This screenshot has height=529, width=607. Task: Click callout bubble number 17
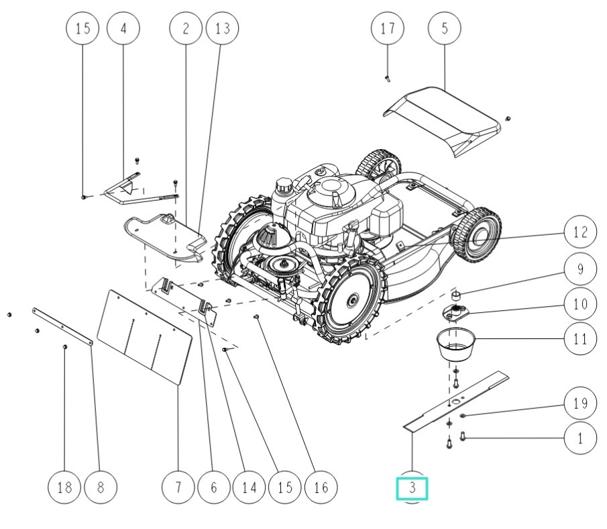pyautogui.click(x=388, y=29)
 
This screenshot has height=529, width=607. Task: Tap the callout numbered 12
pyautogui.click(x=580, y=233)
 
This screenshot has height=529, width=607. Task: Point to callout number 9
pyautogui.click(x=580, y=269)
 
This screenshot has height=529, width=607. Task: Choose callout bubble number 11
pyautogui.click(x=580, y=339)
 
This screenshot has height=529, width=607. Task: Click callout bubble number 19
pyautogui.click(x=580, y=403)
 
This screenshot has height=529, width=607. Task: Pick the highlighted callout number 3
pyautogui.click(x=412, y=488)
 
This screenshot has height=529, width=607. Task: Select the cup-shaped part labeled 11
pyautogui.click(x=454, y=342)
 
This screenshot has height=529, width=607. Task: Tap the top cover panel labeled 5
pyautogui.click(x=445, y=121)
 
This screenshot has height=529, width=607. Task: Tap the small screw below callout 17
pyautogui.click(x=388, y=77)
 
